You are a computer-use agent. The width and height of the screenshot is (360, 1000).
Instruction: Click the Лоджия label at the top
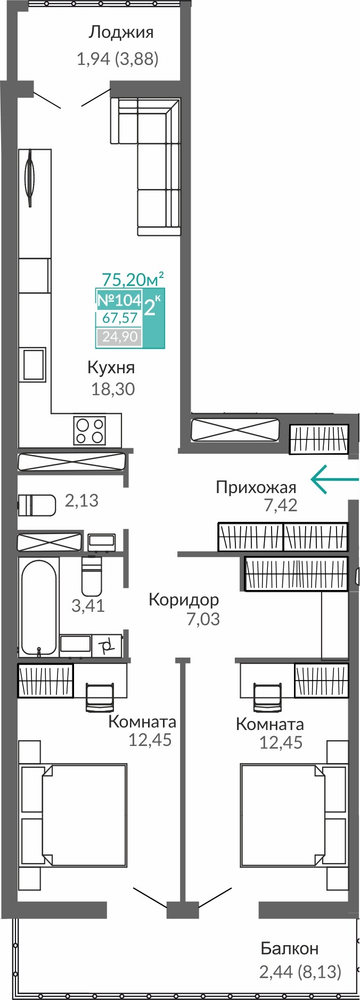coord(121,33)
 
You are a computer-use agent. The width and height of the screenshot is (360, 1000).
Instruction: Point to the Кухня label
coord(112,367)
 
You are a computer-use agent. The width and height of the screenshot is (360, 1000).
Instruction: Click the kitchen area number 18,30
coord(112,389)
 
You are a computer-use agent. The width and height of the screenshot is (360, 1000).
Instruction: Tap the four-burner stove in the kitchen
coord(89,429)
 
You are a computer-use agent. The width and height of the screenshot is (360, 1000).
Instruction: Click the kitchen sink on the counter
coord(33,365)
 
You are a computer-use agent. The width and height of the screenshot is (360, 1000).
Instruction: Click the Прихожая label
coord(256,489)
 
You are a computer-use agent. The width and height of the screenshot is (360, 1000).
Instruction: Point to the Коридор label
coord(184,599)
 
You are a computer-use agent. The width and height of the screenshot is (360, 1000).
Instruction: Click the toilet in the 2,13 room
coord(38,504)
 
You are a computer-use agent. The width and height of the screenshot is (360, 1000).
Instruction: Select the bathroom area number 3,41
coord(89,607)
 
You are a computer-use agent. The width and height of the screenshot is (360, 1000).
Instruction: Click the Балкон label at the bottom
coord(290,949)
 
